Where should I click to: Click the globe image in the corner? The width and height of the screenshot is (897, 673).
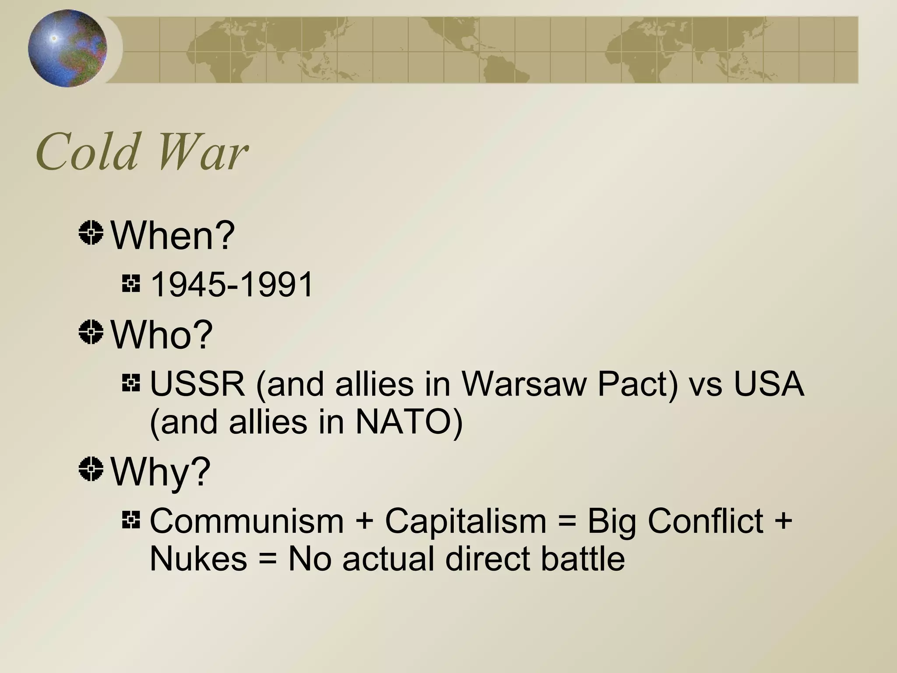click(67, 48)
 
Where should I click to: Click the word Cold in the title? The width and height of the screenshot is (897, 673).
click(87, 152)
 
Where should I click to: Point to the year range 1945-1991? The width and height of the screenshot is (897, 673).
click(232, 285)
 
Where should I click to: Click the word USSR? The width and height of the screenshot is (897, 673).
click(197, 384)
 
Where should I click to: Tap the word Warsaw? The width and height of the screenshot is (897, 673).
click(524, 384)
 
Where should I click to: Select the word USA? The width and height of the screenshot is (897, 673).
click(769, 384)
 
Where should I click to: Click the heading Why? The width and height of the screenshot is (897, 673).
click(160, 471)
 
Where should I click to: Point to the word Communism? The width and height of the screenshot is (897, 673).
click(247, 521)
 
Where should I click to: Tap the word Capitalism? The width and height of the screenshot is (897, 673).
click(466, 521)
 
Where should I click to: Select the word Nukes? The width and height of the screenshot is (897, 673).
click(198, 559)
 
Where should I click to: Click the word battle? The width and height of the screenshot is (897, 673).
click(583, 559)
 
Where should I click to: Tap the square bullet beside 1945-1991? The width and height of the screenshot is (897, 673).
click(131, 283)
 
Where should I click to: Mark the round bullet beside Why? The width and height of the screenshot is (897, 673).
click(91, 469)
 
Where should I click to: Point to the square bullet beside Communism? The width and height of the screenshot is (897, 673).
click(131, 520)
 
